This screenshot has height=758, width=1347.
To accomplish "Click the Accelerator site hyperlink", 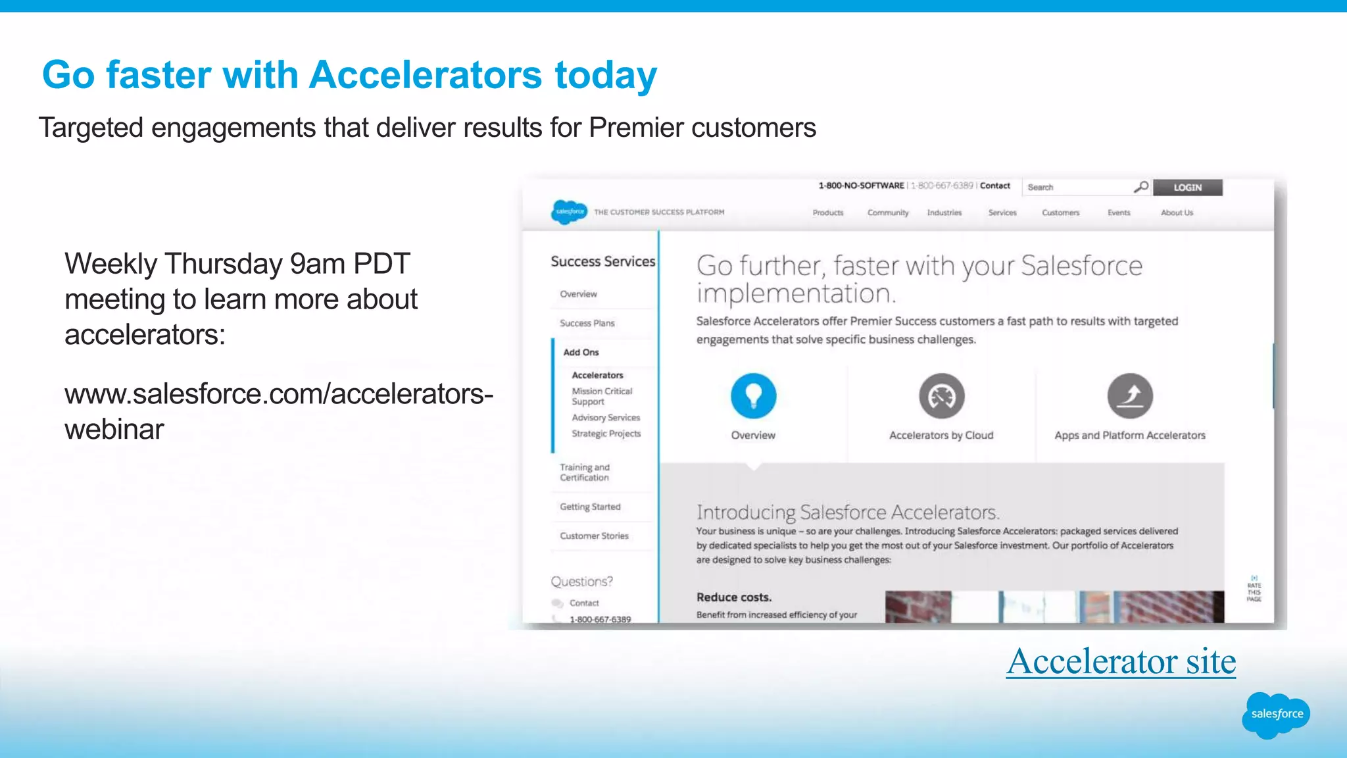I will [x=1121, y=661].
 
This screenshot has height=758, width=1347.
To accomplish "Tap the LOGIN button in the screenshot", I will [x=1187, y=188].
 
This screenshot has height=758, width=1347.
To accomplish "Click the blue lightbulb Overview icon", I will [x=753, y=396].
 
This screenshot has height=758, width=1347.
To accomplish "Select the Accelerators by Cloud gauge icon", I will [x=941, y=396].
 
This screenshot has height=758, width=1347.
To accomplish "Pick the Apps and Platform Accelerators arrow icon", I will [x=1129, y=396].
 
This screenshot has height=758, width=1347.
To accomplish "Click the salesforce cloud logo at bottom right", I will [x=1275, y=715].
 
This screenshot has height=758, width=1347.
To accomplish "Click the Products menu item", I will [x=827, y=213].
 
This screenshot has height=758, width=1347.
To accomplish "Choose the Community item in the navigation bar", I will [x=887, y=213].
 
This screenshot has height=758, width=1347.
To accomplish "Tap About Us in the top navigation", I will [x=1176, y=213].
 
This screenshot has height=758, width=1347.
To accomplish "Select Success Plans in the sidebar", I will [x=587, y=323].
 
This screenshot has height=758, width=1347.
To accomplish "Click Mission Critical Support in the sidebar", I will [x=601, y=396].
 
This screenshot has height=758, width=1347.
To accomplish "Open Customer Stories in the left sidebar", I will [x=594, y=536].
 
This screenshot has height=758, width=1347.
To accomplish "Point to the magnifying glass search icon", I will [x=1141, y=187].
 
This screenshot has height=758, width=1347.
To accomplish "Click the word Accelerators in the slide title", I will [x=425, y=75].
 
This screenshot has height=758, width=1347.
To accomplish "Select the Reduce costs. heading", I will [x=733, y=597].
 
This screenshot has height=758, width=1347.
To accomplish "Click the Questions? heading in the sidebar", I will [x=581, y=582].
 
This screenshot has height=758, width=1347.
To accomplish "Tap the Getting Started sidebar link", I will [x=590, y=507].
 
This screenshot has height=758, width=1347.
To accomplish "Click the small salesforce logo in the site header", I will [x=569, y=212].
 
